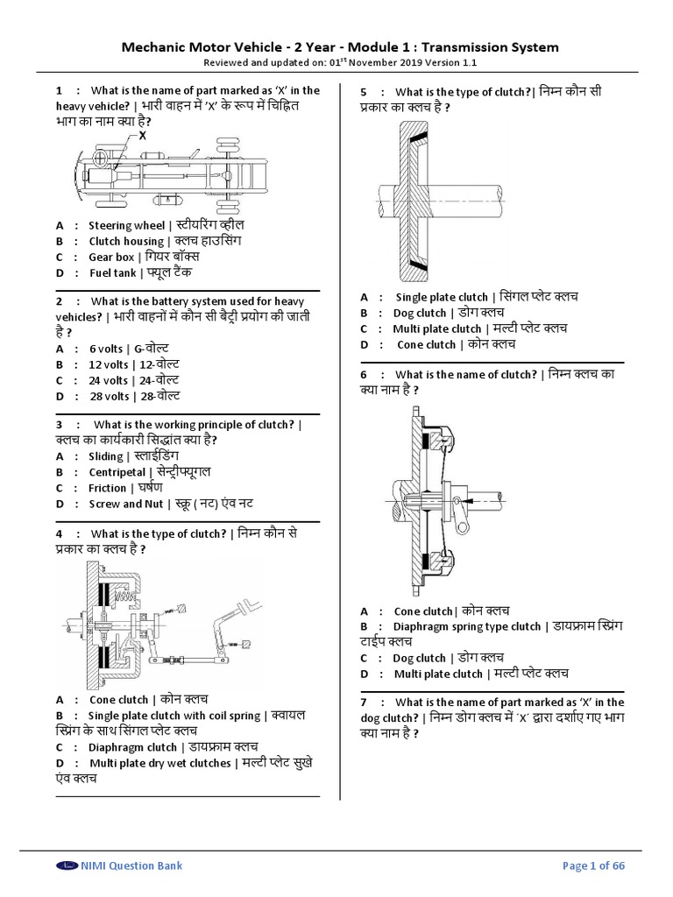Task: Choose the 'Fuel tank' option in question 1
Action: pos(112,272)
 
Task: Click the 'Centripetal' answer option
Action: pos(117,472)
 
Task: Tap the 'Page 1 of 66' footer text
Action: pos(593,865)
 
